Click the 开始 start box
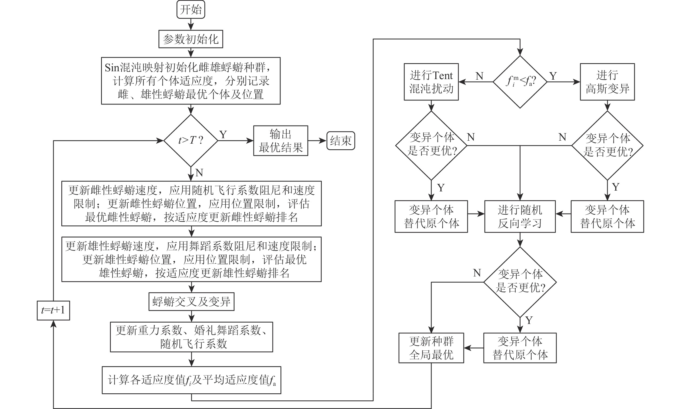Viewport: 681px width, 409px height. click(191, 10)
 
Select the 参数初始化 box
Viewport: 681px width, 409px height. click(191, 39)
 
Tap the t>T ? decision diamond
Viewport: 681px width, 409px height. click(191, 141)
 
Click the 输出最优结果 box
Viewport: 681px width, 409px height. click(281, 141)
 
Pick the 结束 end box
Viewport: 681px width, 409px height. click(341, 141)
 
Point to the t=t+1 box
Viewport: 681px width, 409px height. click(53, 310)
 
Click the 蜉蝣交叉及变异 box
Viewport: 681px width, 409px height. click(191, 302)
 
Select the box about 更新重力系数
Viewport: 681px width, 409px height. click(191, 337)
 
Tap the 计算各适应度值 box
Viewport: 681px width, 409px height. click(191, 380)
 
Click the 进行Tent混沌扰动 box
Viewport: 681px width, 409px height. click(431, 82)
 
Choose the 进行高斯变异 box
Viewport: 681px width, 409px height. click(607, 82)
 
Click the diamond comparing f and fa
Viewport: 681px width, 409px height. click(520, 82)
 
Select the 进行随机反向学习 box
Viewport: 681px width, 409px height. click(520, 217)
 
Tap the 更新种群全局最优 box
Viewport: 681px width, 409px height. click(431, 348)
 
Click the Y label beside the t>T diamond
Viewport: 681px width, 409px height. click(223, 135)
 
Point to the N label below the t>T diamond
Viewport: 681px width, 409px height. click(199, 173)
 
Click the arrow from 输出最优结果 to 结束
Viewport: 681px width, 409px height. click(317, 141)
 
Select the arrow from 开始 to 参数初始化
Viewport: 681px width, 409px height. click(191, 24)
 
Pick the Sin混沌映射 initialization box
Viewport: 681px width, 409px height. click(191, 81)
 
